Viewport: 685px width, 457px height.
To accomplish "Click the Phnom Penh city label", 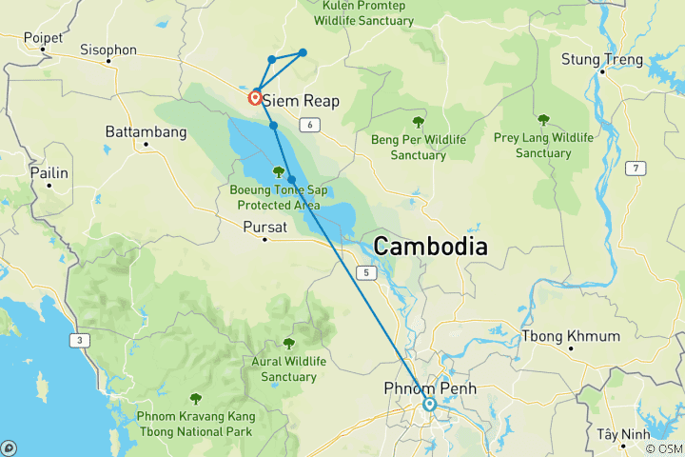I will [x=429, y=388].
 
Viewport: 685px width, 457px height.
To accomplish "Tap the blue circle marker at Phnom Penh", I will [x=429, y=405].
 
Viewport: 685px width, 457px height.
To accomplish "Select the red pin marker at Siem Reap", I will [x=256, y=97].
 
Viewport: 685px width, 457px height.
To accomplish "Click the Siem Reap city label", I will [x=301, y=100].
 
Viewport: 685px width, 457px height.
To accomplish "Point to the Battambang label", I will [x=144, y=129].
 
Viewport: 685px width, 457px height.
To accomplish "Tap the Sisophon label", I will [x=108, y=50].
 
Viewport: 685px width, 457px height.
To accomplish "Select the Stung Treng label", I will [x=602, y=59].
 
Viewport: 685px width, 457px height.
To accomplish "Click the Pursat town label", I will [x=264, y=227].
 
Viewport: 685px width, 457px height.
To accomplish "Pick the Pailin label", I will [x=49, y=174].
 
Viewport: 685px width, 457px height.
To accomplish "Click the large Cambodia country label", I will [x=430, y=247].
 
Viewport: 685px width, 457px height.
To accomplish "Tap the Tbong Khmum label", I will [x=570, y=336].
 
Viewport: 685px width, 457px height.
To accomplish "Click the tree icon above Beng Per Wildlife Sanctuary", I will [x=418, y=122].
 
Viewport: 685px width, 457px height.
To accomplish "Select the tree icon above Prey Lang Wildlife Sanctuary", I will [x=543, y=120].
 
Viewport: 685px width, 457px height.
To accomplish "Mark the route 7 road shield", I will [x=631, y=169].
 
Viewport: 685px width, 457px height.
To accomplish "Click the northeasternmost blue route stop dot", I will [x=303, y=52].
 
